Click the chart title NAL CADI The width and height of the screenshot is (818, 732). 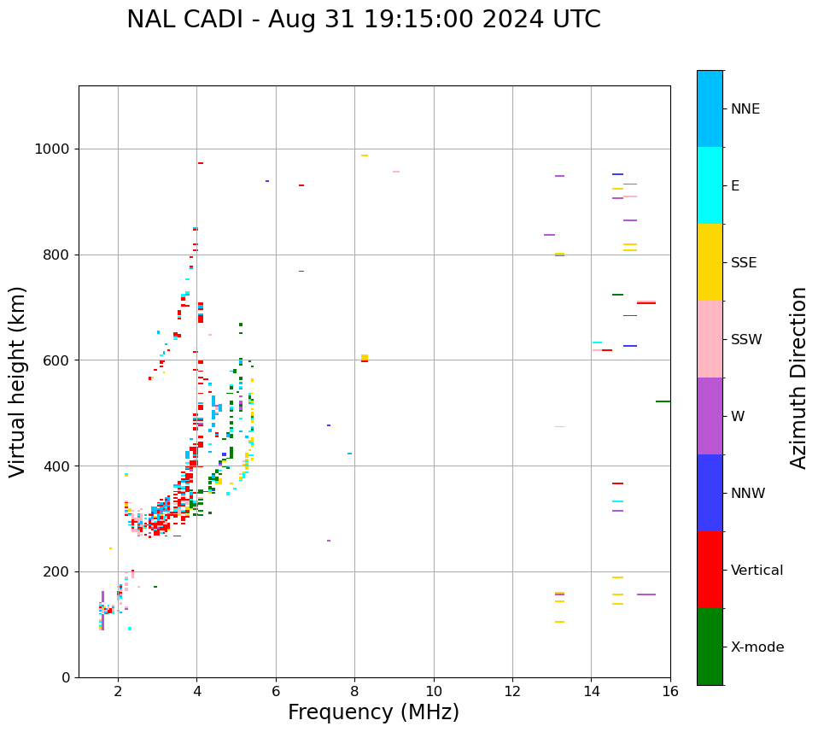pyautogui.click(x=363, y=20)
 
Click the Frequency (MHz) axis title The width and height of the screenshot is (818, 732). pyautogui.click(x=373, y=712)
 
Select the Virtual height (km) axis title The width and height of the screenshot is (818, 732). pyautogui.click(x=18, y=381)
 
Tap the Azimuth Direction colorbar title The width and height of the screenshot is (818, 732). pyautogui.click(x=798, y=377)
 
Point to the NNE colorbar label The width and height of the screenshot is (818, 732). pyautogui.click(x=745, y=109)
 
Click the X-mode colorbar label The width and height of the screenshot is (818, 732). pyautogui.click(x=757, y=647)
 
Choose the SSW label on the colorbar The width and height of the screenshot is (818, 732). pyautogui.click(x=746, y=340)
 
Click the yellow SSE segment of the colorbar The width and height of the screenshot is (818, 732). pyautogui.click(x=710, y=261)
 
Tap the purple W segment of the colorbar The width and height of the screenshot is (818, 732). pyautogui.click(x=710, y=416)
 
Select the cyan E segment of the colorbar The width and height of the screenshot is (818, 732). pyautogui.click(x=710, y=184)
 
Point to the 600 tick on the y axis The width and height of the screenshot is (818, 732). pyautogui.click(x=58, y=360)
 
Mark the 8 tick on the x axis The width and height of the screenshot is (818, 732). pyautogui.click(x=354, y=690)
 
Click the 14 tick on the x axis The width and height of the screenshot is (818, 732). pyautogui.click(x=591, y=690)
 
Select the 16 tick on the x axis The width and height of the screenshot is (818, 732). pyautogui.click(x=669, y=690)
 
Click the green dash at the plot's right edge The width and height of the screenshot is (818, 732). pyautogui.click(x=663, y=401)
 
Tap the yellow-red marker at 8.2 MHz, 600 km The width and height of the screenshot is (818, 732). pyautogui.click(x=365, y=359)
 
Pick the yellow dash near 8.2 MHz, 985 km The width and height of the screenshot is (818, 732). pyautogui.click(x=365, y=155)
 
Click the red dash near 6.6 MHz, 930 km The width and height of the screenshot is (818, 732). pyautogui.click(x=301, y=185)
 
